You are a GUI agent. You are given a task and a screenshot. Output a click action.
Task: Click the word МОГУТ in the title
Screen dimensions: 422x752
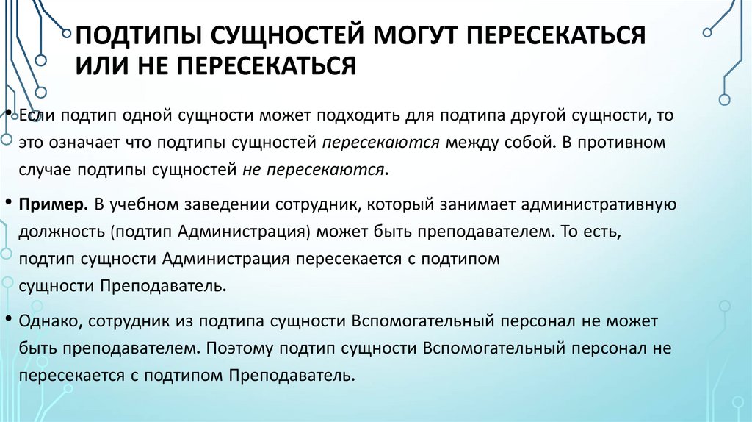[416, 35]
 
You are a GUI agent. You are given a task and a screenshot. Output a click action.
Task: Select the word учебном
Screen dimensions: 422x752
[146, 203]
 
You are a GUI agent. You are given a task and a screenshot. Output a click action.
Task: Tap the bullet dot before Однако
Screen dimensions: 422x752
[7, 320]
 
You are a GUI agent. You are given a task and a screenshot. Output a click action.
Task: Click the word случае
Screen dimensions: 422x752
[46, 170]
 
